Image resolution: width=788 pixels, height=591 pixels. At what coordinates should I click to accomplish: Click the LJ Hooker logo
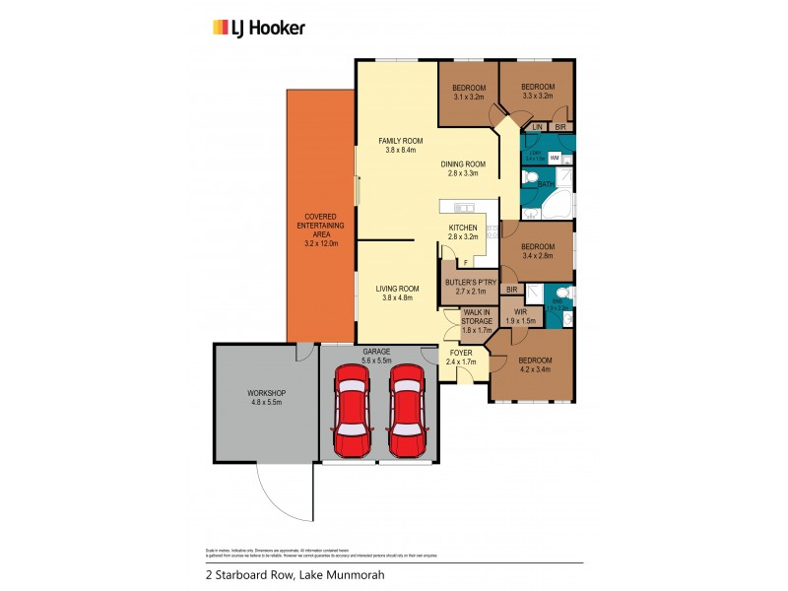pos(259,28)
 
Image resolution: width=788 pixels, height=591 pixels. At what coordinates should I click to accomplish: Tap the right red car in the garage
pos(406,412)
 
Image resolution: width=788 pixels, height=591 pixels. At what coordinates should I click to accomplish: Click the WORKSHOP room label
pos(266,398)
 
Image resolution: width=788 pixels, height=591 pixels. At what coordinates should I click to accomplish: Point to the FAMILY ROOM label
pos(400,146)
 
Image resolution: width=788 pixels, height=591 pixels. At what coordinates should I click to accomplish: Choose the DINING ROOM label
pos(463,168)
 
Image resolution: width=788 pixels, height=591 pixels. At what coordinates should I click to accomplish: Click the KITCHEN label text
pos(462,232)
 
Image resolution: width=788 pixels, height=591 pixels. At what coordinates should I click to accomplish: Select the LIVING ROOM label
pos(398,294)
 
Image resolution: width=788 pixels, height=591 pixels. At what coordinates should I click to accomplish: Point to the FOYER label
pos(462,357)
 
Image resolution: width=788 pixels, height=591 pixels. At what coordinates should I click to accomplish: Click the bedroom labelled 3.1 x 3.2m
pos(469,93)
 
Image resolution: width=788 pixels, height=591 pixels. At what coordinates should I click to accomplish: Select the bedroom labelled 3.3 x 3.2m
pos(538,93)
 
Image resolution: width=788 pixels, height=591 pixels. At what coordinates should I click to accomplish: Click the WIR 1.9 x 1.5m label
pos(520,317)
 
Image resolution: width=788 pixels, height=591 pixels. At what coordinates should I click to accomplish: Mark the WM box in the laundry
pos(555,158)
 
